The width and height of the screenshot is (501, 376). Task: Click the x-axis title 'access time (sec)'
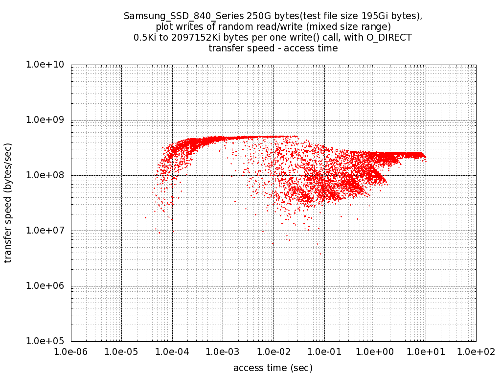(x=273, y=368)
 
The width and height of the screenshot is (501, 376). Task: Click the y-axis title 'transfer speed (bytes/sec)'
(x=8, y=203)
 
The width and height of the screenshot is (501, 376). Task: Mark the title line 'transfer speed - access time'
(x=273, y=48)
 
